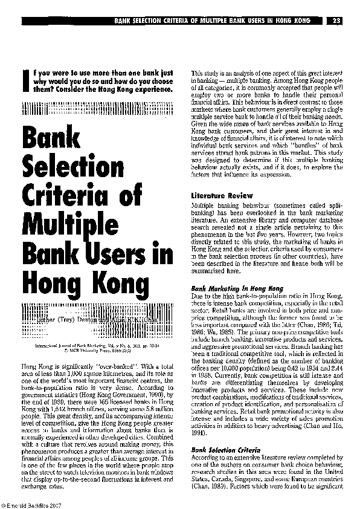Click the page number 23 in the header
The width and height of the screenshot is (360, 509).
(337, 21)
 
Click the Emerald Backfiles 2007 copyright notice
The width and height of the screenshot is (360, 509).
(30, 505)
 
